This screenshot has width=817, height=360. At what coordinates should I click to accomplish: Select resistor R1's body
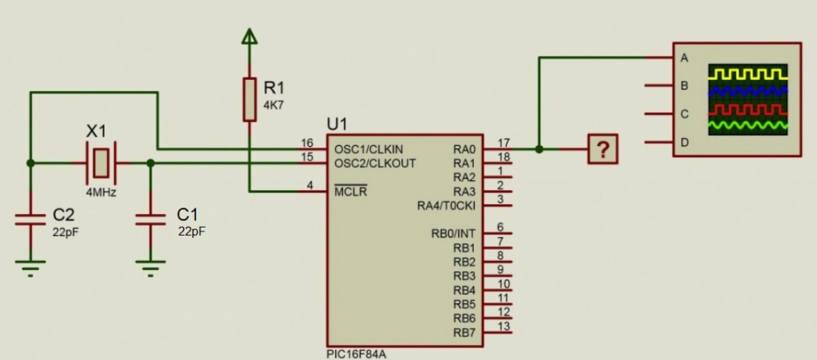[250, 99]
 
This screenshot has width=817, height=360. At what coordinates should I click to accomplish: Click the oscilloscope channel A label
[684, 57]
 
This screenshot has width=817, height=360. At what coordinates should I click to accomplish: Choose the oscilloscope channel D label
[684, 143]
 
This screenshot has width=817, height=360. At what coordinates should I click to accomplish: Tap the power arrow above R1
[250, 35]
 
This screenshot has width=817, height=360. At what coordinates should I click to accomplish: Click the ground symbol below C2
[30, 267]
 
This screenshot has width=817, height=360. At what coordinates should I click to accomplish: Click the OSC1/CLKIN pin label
[369, 149]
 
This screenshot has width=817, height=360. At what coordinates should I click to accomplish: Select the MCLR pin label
[351, 192]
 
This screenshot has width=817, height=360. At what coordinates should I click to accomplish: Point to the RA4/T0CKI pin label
[446, 206]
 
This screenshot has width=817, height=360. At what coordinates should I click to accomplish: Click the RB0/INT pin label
[453, 234]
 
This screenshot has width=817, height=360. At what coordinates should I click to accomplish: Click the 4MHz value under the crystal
[101, 192]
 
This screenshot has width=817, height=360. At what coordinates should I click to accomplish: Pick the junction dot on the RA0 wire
[540, 149]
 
